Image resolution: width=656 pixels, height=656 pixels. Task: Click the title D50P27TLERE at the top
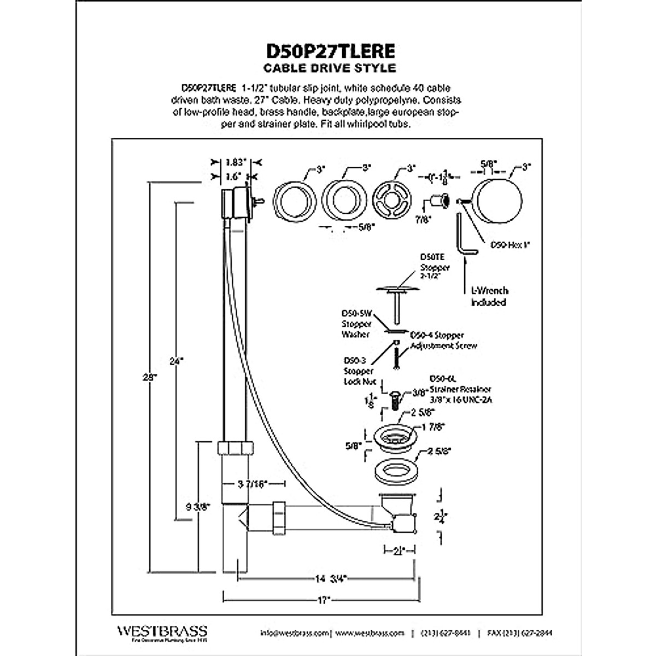pos(330,51)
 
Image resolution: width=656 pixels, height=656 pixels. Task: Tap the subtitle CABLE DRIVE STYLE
pos(330,68)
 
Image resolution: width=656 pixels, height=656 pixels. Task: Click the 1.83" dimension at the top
pos(236,162)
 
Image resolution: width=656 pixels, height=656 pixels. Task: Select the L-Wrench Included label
pos(489,296)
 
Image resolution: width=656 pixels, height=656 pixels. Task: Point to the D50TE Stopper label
pos(435,267)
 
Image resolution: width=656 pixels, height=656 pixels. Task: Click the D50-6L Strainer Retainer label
pos(460,389)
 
